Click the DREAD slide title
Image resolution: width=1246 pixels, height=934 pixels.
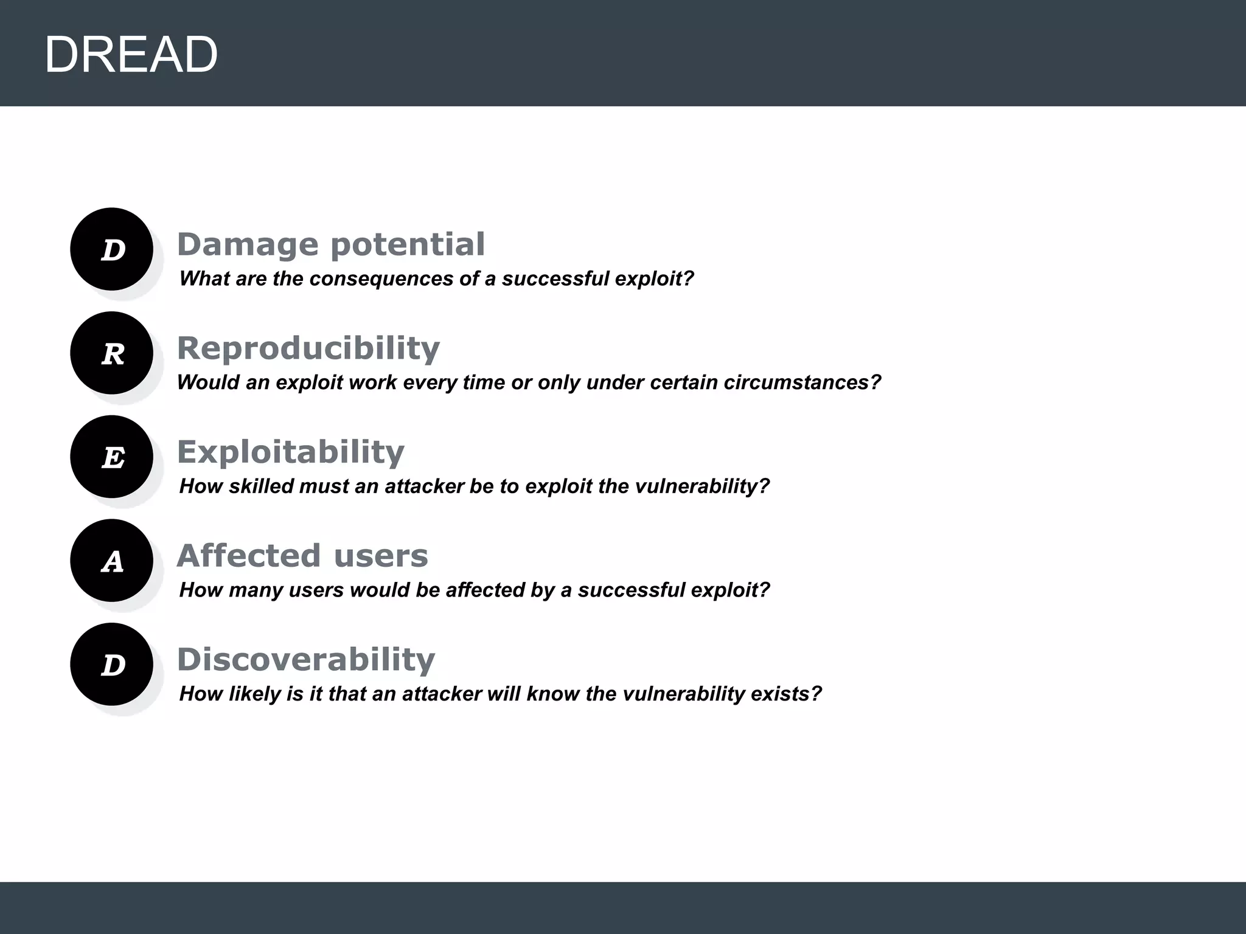131,55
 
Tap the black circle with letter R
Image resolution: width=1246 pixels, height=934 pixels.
111,353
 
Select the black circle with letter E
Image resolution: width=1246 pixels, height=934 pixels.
111,457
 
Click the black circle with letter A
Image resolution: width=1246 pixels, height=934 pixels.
111,561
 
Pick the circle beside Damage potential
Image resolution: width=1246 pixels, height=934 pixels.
111,249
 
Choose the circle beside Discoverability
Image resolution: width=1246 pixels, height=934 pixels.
111,664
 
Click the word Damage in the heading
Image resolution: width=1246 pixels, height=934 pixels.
248,244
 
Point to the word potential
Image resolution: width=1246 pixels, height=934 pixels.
408,244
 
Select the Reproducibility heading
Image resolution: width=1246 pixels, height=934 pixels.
308,348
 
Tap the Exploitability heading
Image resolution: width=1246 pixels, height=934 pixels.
290,452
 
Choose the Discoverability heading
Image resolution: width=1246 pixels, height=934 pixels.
305,660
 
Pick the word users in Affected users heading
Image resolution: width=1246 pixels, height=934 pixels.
381,556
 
